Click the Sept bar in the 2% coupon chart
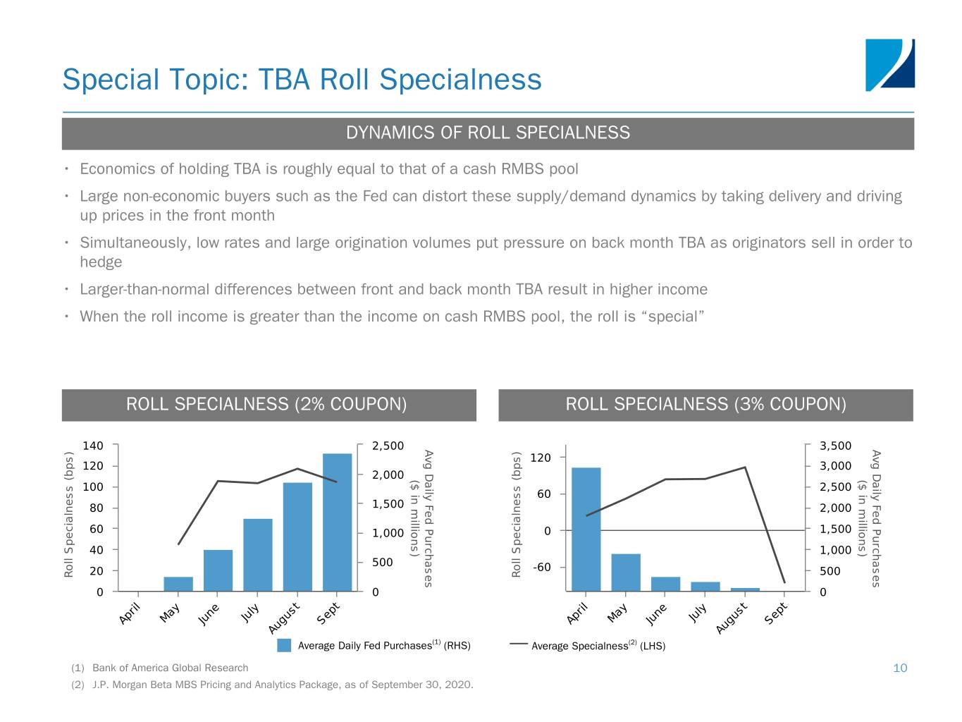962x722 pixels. tap(337, 522)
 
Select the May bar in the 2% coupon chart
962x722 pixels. tap(178, 584)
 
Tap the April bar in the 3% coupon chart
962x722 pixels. tap(586, 529)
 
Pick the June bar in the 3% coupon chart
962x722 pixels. tap(665, 584)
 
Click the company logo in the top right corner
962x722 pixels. tap(889, 65)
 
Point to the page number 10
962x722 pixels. tap(900, 668)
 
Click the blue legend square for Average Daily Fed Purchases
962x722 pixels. tap(284, 645)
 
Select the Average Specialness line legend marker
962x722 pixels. tap(519, 644)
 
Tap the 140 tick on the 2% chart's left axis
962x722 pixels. tap(93, 446)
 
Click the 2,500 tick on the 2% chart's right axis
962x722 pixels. tap(388, 446)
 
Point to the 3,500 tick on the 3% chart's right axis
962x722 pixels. tap(836, 446)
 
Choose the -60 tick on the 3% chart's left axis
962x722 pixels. tap(541, 567)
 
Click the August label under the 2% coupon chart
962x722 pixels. tap(284, 618)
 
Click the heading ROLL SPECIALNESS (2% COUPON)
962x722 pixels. tap(266, 404)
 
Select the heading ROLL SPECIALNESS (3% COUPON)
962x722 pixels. tap(705, 404)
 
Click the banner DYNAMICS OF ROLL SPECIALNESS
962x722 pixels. tap(488, 133)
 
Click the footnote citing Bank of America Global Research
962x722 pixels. tap(170, 668)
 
